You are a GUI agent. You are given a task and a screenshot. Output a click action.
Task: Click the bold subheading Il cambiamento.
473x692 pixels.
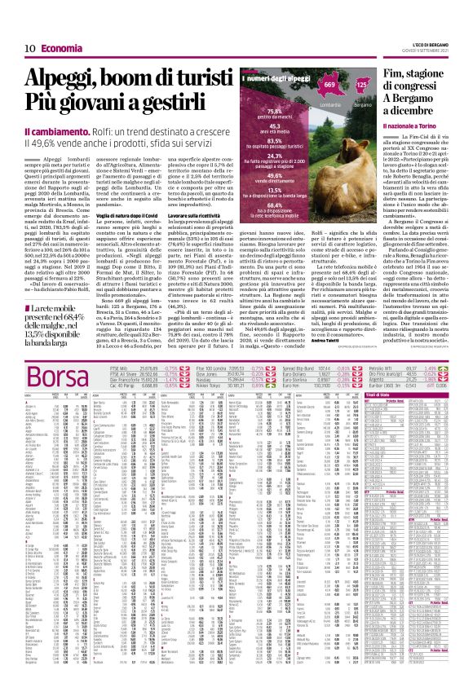[51, 131]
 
